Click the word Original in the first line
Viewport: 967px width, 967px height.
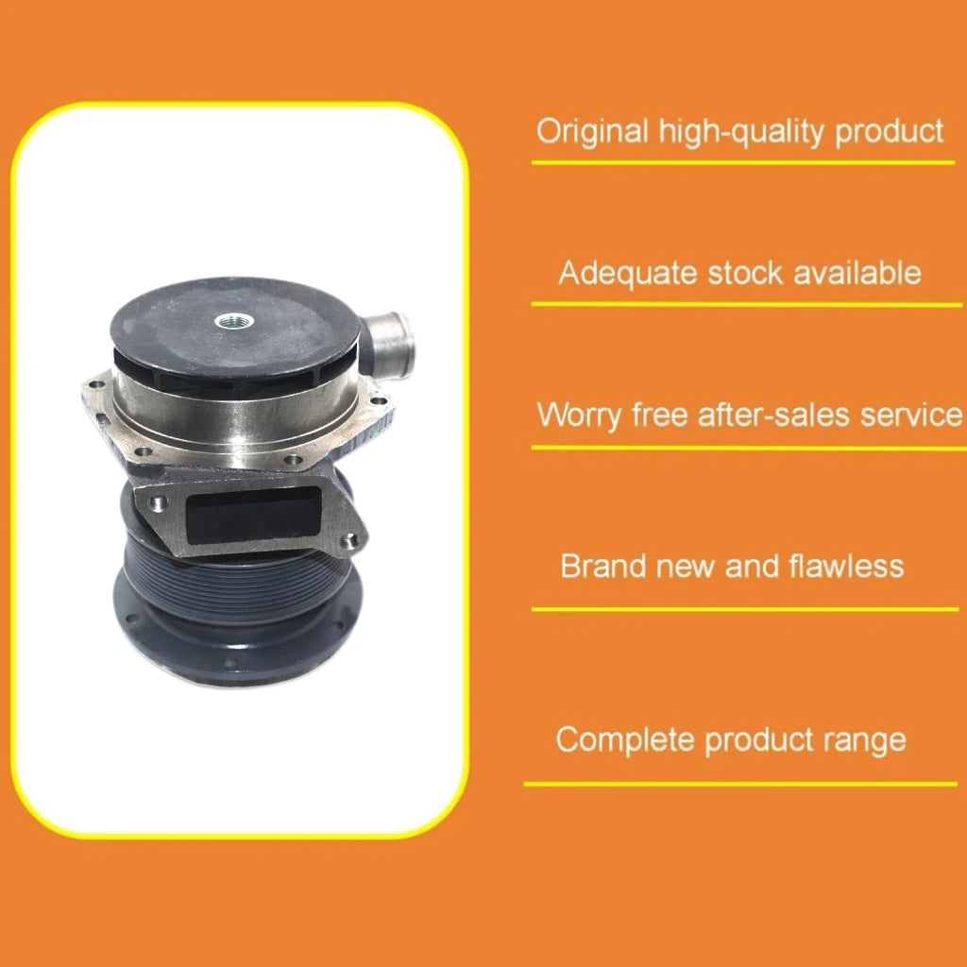click(592, 130)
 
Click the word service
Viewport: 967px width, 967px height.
click(909, 415)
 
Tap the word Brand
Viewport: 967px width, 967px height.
click(601, 566)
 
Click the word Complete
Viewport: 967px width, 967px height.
click(625, 738)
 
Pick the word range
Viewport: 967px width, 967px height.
click(865, 739)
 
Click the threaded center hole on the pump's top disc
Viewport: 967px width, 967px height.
click(229, 322)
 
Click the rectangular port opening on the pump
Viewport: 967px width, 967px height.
click(246, 514)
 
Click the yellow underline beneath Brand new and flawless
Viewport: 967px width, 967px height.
click(746, 609)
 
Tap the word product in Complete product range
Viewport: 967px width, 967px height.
click(755, 739)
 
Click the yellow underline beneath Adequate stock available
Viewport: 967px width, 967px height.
click(746, 304)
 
